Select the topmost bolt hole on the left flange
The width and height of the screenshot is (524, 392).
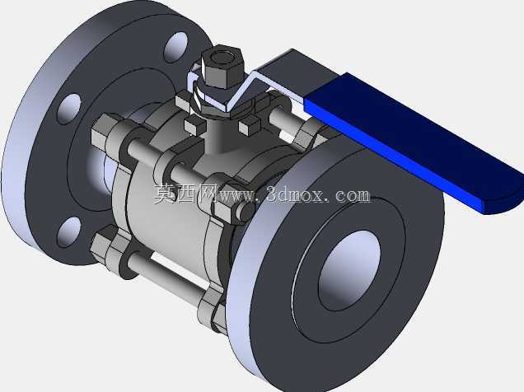click(x=175, y=48)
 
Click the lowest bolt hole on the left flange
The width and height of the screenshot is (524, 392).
click(x=68, y=231)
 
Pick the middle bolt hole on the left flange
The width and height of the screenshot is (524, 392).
click(x=69, y=110)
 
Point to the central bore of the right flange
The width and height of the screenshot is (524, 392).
click(x=349, y=270)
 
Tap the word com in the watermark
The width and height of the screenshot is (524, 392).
click(x=353, y=195)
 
